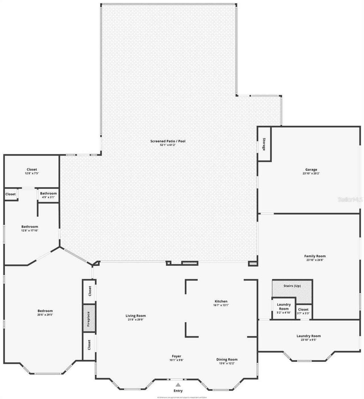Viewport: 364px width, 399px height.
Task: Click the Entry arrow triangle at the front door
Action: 178,385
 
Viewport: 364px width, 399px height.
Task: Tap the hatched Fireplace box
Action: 89,319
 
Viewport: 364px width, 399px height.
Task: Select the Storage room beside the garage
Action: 264,144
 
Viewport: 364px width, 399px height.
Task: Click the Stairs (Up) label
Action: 292,286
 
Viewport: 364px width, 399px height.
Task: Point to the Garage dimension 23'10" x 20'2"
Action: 311,173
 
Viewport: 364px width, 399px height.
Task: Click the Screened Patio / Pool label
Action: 168,141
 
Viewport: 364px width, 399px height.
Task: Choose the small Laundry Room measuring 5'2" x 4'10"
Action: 284,309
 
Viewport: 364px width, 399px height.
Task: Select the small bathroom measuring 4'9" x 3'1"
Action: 48,195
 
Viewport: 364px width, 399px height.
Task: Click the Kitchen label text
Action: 221,301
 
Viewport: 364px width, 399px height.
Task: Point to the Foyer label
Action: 176,356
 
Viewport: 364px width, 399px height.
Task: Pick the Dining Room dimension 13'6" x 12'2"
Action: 227,363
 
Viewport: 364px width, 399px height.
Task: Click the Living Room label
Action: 136,315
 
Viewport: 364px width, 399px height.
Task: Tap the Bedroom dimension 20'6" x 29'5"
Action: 45,315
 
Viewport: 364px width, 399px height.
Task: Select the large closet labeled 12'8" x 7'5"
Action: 32,171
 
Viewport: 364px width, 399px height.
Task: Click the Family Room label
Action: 315,256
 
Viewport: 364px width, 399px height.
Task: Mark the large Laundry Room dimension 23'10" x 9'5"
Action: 309,340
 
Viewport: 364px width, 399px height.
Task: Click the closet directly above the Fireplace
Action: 90,291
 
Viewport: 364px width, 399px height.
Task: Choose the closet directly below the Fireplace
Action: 89,345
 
